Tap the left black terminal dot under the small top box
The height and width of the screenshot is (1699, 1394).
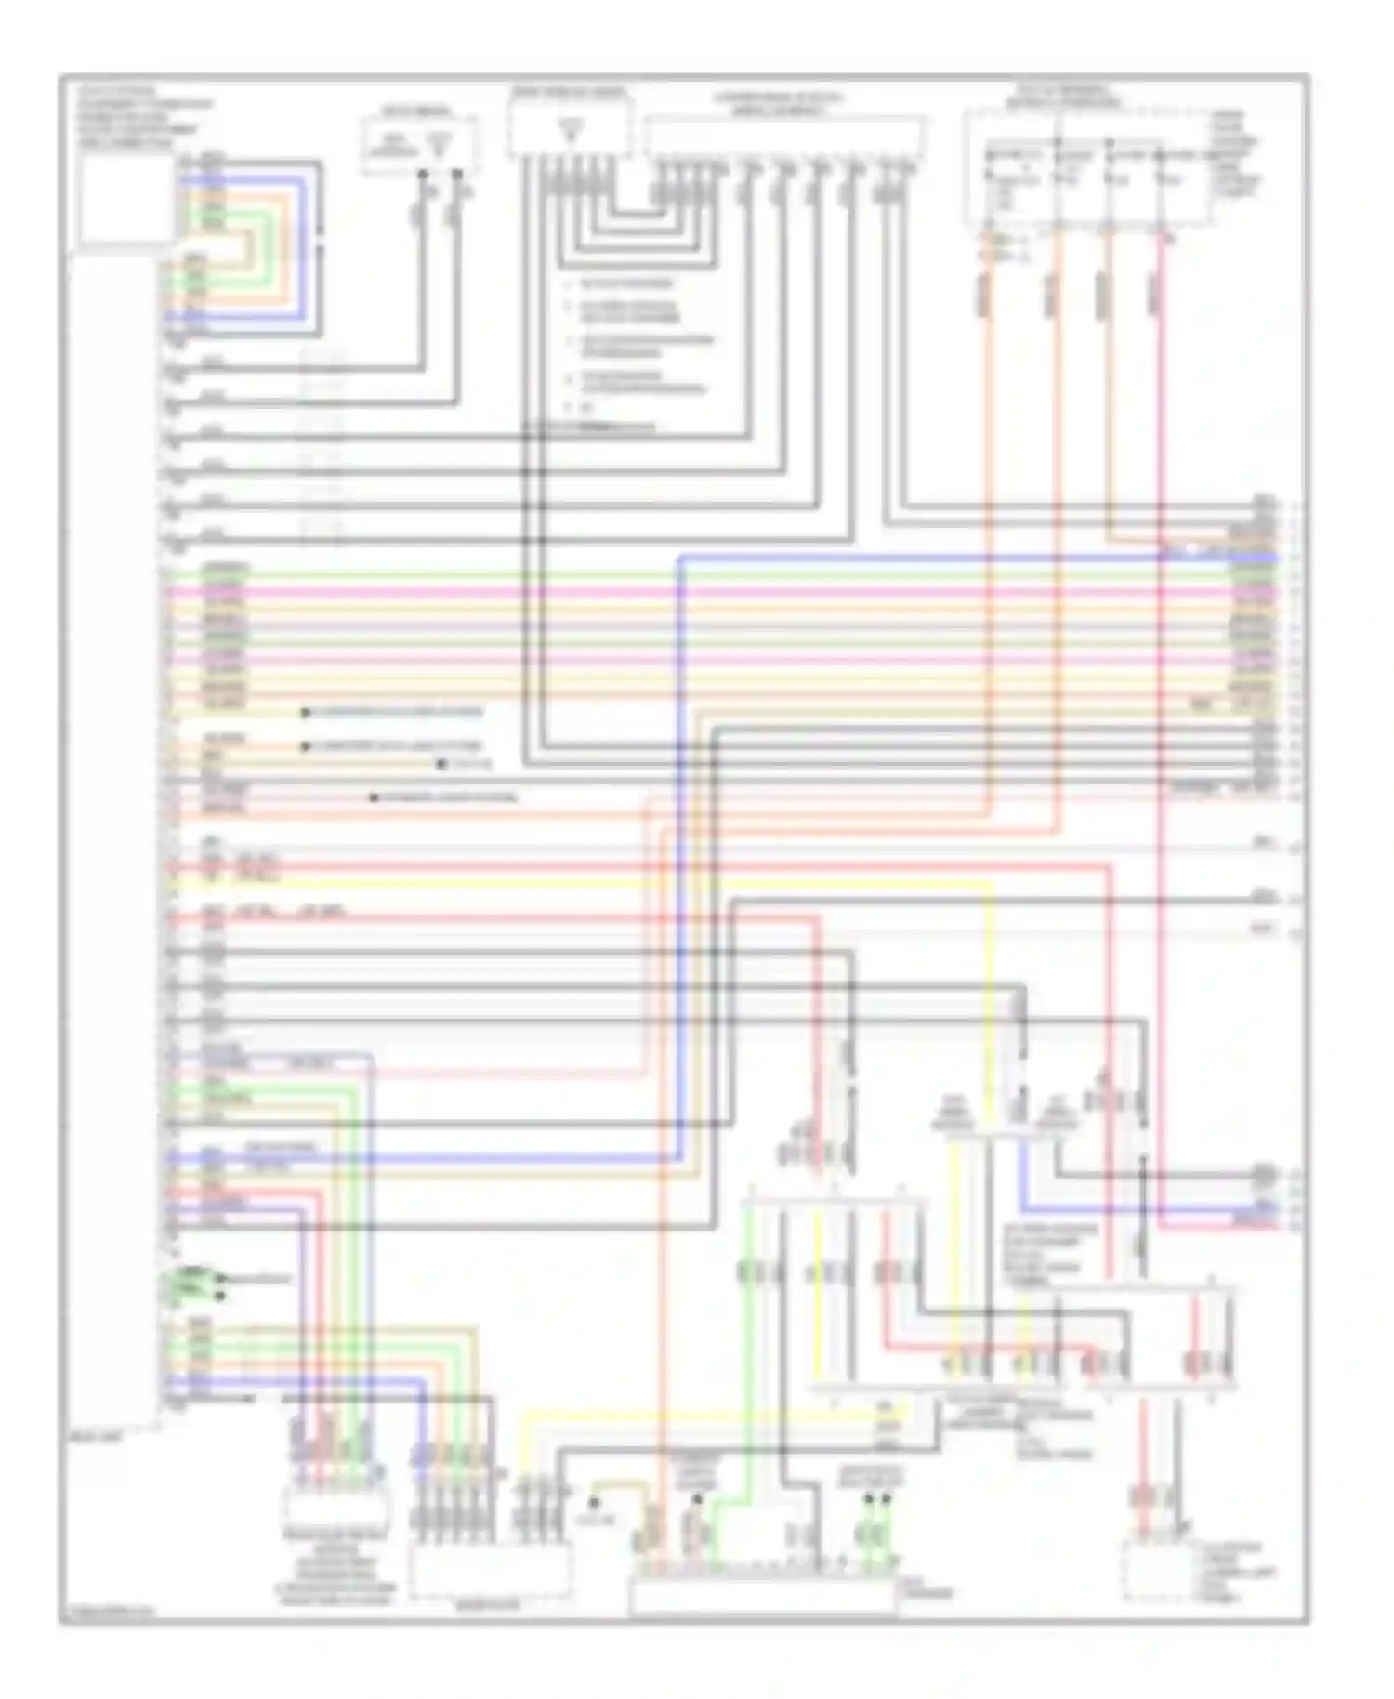pos(422,174)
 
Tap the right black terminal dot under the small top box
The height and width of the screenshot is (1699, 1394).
pos(456,174)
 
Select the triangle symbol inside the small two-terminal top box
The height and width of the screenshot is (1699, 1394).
pos(440,143)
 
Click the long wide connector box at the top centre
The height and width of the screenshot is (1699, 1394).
pos(784,138)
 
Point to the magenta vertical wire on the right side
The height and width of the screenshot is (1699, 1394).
pos(1161,651)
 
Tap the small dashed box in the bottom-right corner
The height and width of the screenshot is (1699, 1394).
pos(1155,1571)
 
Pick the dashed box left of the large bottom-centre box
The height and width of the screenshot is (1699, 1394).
pos(490,1571)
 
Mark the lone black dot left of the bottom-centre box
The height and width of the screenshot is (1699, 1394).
pos(594,1502)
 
